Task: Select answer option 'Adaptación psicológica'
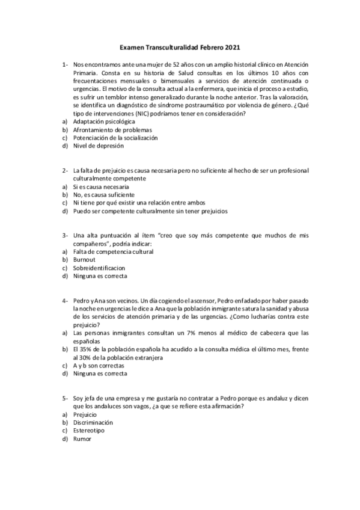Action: (99, 121)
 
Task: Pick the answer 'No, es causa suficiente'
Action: (100, 195)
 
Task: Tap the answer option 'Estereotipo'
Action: (89, 431)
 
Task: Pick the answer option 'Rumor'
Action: (82, 438)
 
